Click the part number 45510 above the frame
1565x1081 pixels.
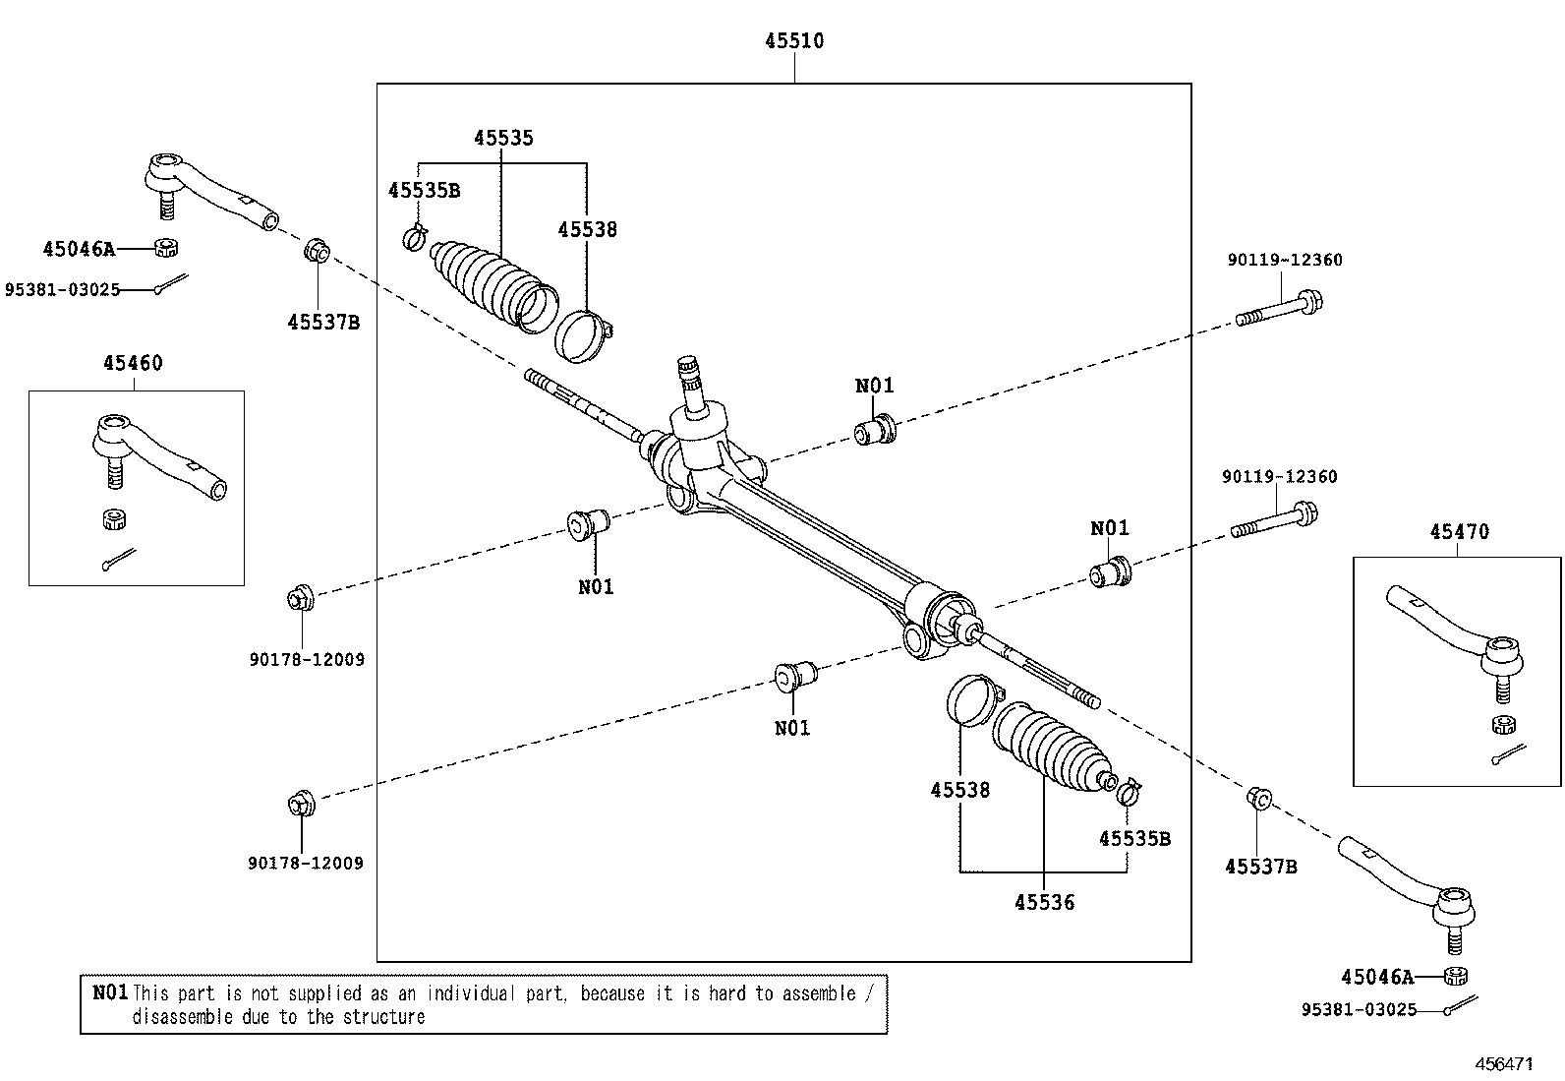(x=794, y=41)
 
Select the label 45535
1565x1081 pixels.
(x=503, y=138)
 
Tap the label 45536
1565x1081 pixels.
(x=1044, y=902)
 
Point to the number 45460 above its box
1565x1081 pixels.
(x=133, y=363)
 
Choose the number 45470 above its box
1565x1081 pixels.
(x=1459, y=532)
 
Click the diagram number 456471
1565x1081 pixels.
(x=1504, y=1064)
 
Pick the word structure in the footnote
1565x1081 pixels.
(x=385, y=1017)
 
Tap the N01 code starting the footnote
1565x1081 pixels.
(x=110, y=992)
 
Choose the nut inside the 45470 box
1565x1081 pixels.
(x=1502, y=726)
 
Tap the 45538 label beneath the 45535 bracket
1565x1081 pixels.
(x=587, y=229)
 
